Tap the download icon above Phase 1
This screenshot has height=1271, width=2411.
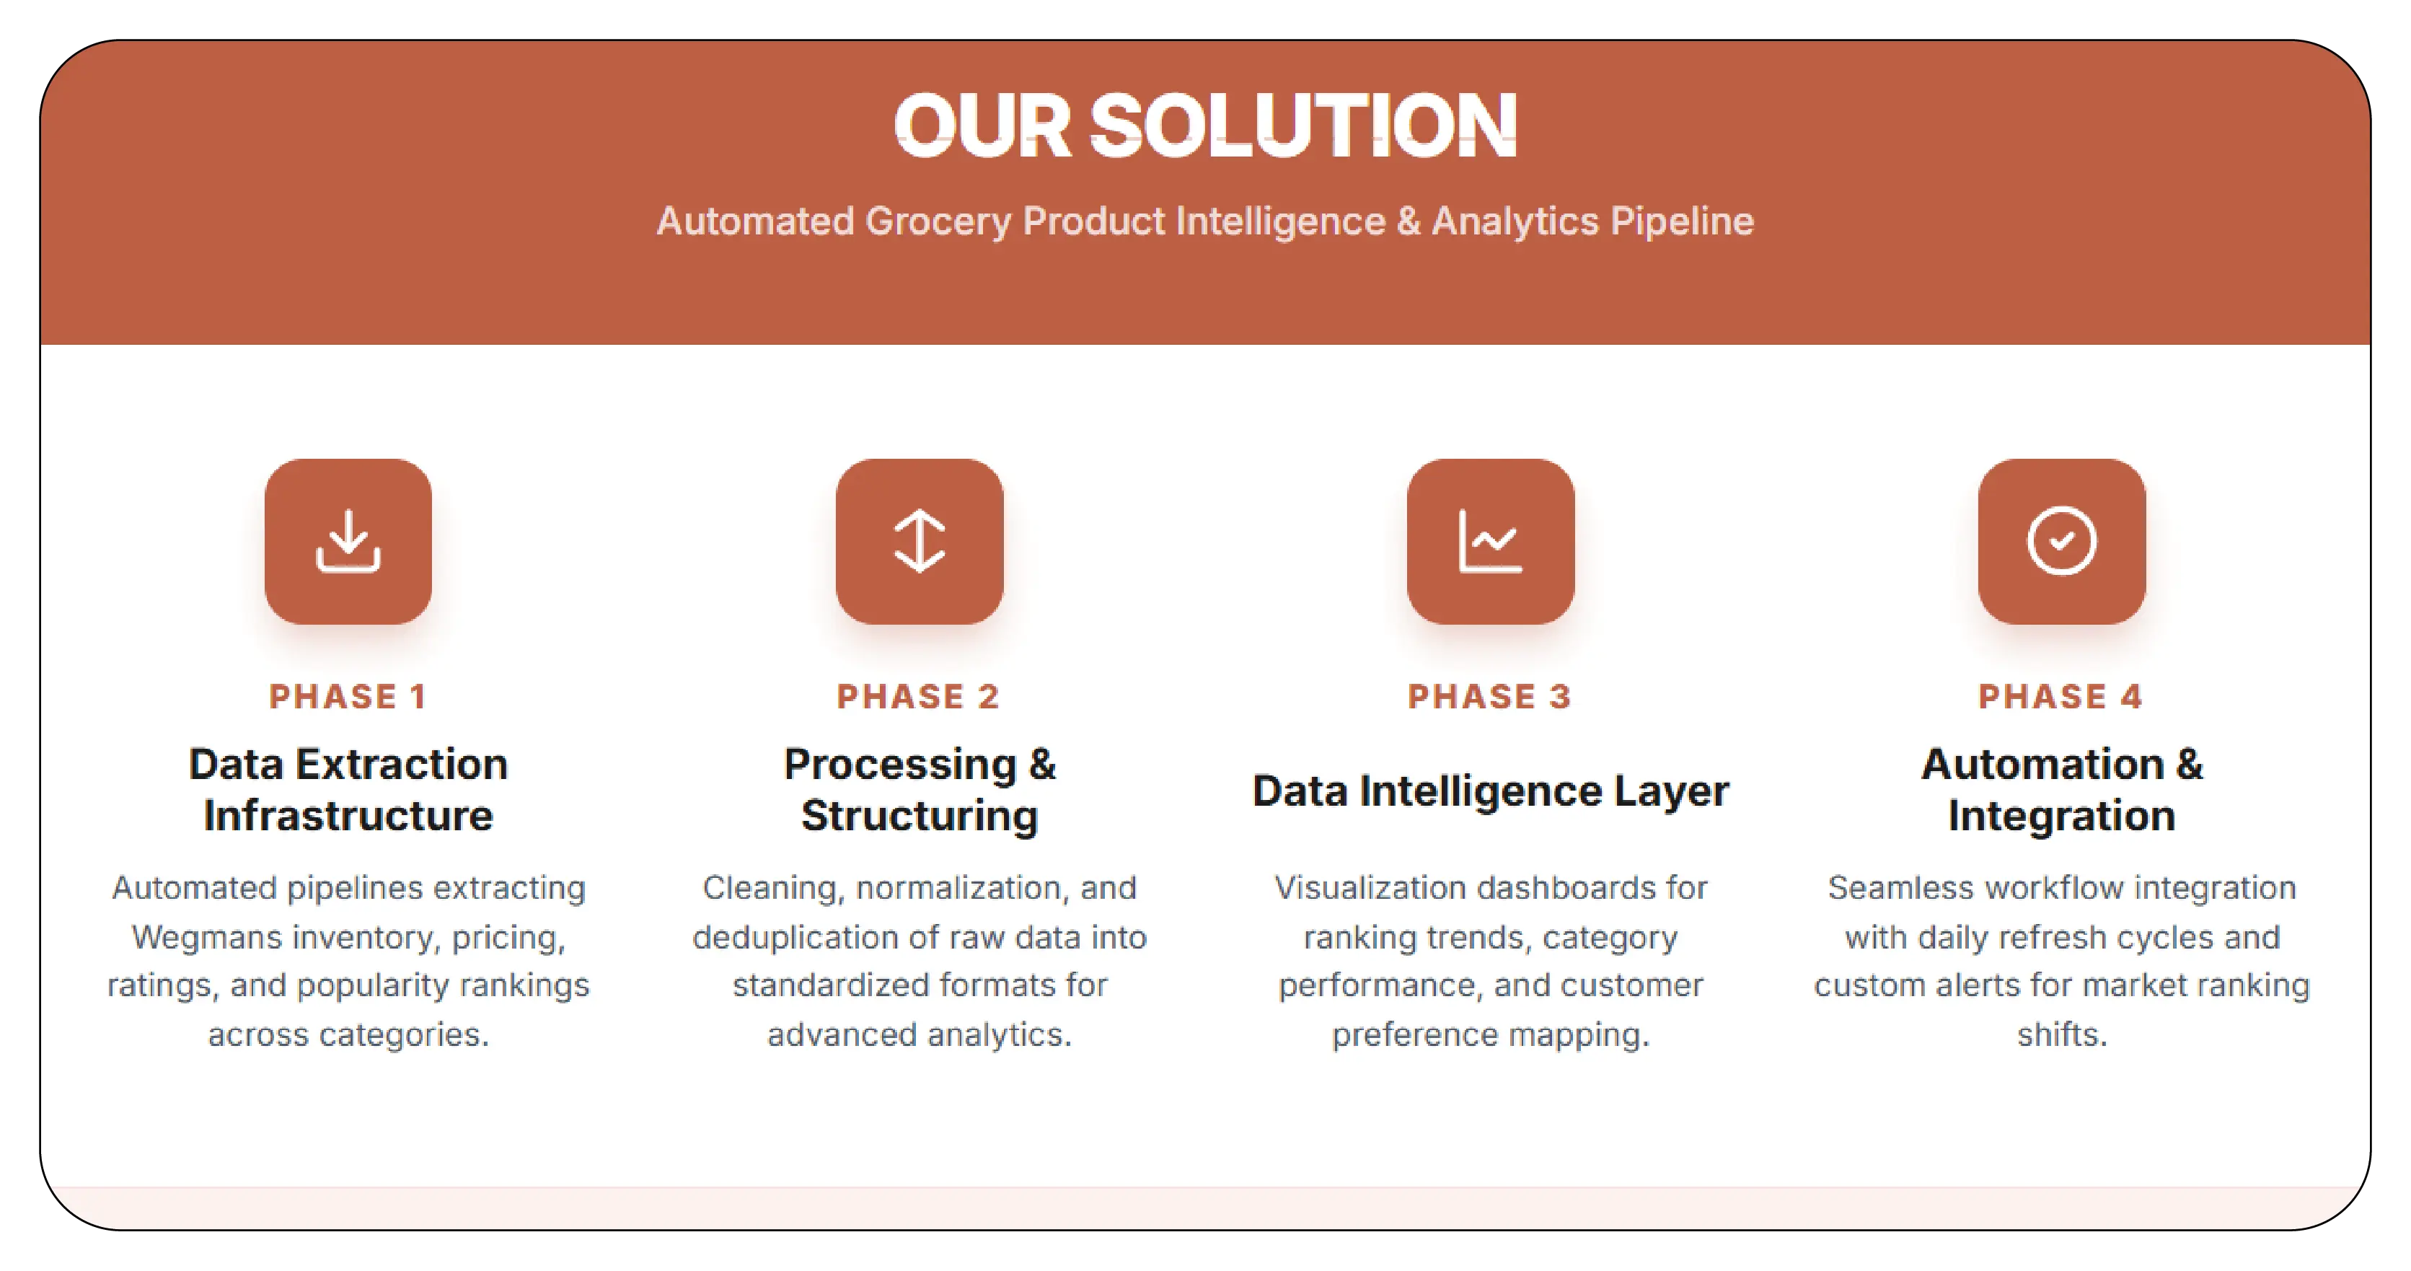pos(348,541)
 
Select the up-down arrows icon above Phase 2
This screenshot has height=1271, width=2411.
pos(919,541)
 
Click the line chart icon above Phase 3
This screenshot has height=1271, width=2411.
pos(1490,541)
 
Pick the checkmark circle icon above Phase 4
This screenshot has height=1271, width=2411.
pos(2061,541)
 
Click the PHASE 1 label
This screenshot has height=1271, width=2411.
pos(348,696)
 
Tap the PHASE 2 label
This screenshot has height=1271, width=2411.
pos(918,696)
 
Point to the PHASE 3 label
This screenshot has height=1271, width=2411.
pos(1489,696)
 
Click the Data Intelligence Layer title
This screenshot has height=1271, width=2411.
pos(1490,791)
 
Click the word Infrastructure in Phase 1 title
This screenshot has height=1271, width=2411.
pos(348,815)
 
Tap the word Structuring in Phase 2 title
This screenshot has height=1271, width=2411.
pos(919,815)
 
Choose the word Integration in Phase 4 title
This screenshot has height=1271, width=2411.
pos(2061,815)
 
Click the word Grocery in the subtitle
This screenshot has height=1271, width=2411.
pos(938,221)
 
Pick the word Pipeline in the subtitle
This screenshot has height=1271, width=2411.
pos(1682,221)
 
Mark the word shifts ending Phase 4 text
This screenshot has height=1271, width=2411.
pos(2061,1034)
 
